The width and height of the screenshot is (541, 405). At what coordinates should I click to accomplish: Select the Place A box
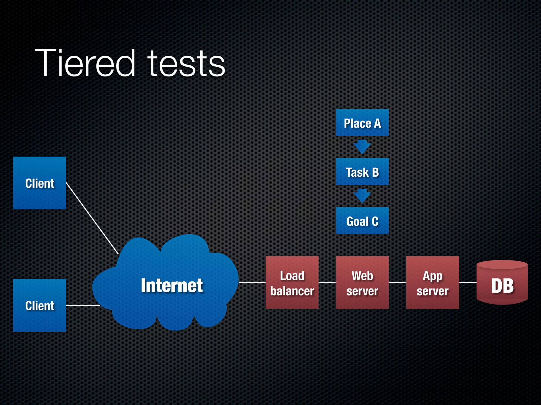click(x=362, y=123)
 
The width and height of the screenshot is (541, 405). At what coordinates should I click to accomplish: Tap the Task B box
click(x=362, y=172)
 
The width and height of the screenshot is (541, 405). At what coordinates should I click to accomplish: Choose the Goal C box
click(x=362, y=221)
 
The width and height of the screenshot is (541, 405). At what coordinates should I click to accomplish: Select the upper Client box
click(x=40, y=183)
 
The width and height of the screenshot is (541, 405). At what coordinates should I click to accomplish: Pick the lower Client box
click(x=40, y=305)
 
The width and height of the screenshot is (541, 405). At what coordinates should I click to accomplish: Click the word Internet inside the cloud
click(x=172, y=285)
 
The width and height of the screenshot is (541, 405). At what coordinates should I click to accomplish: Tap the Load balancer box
click(x=292, y=283)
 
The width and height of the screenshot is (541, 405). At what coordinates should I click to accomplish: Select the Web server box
click(x=362, y=283)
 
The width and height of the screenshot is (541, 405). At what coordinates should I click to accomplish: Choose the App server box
click(x=432, y=283)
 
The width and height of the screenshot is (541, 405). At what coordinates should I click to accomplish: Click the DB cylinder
click(x=502, y=284)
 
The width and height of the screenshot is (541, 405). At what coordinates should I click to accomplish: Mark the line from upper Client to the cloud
click(x=92, y=218)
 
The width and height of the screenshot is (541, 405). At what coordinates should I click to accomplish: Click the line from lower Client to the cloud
click(x=82, y=305)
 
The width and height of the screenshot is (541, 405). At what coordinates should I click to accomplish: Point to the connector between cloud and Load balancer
click(x=252, y=283)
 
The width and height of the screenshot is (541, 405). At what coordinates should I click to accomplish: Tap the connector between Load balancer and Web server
click(x=327, y=283)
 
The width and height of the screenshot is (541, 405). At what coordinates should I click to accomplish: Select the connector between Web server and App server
click(x=398, y=283)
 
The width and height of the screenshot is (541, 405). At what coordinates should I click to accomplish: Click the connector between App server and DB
click(x=468, y=283)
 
